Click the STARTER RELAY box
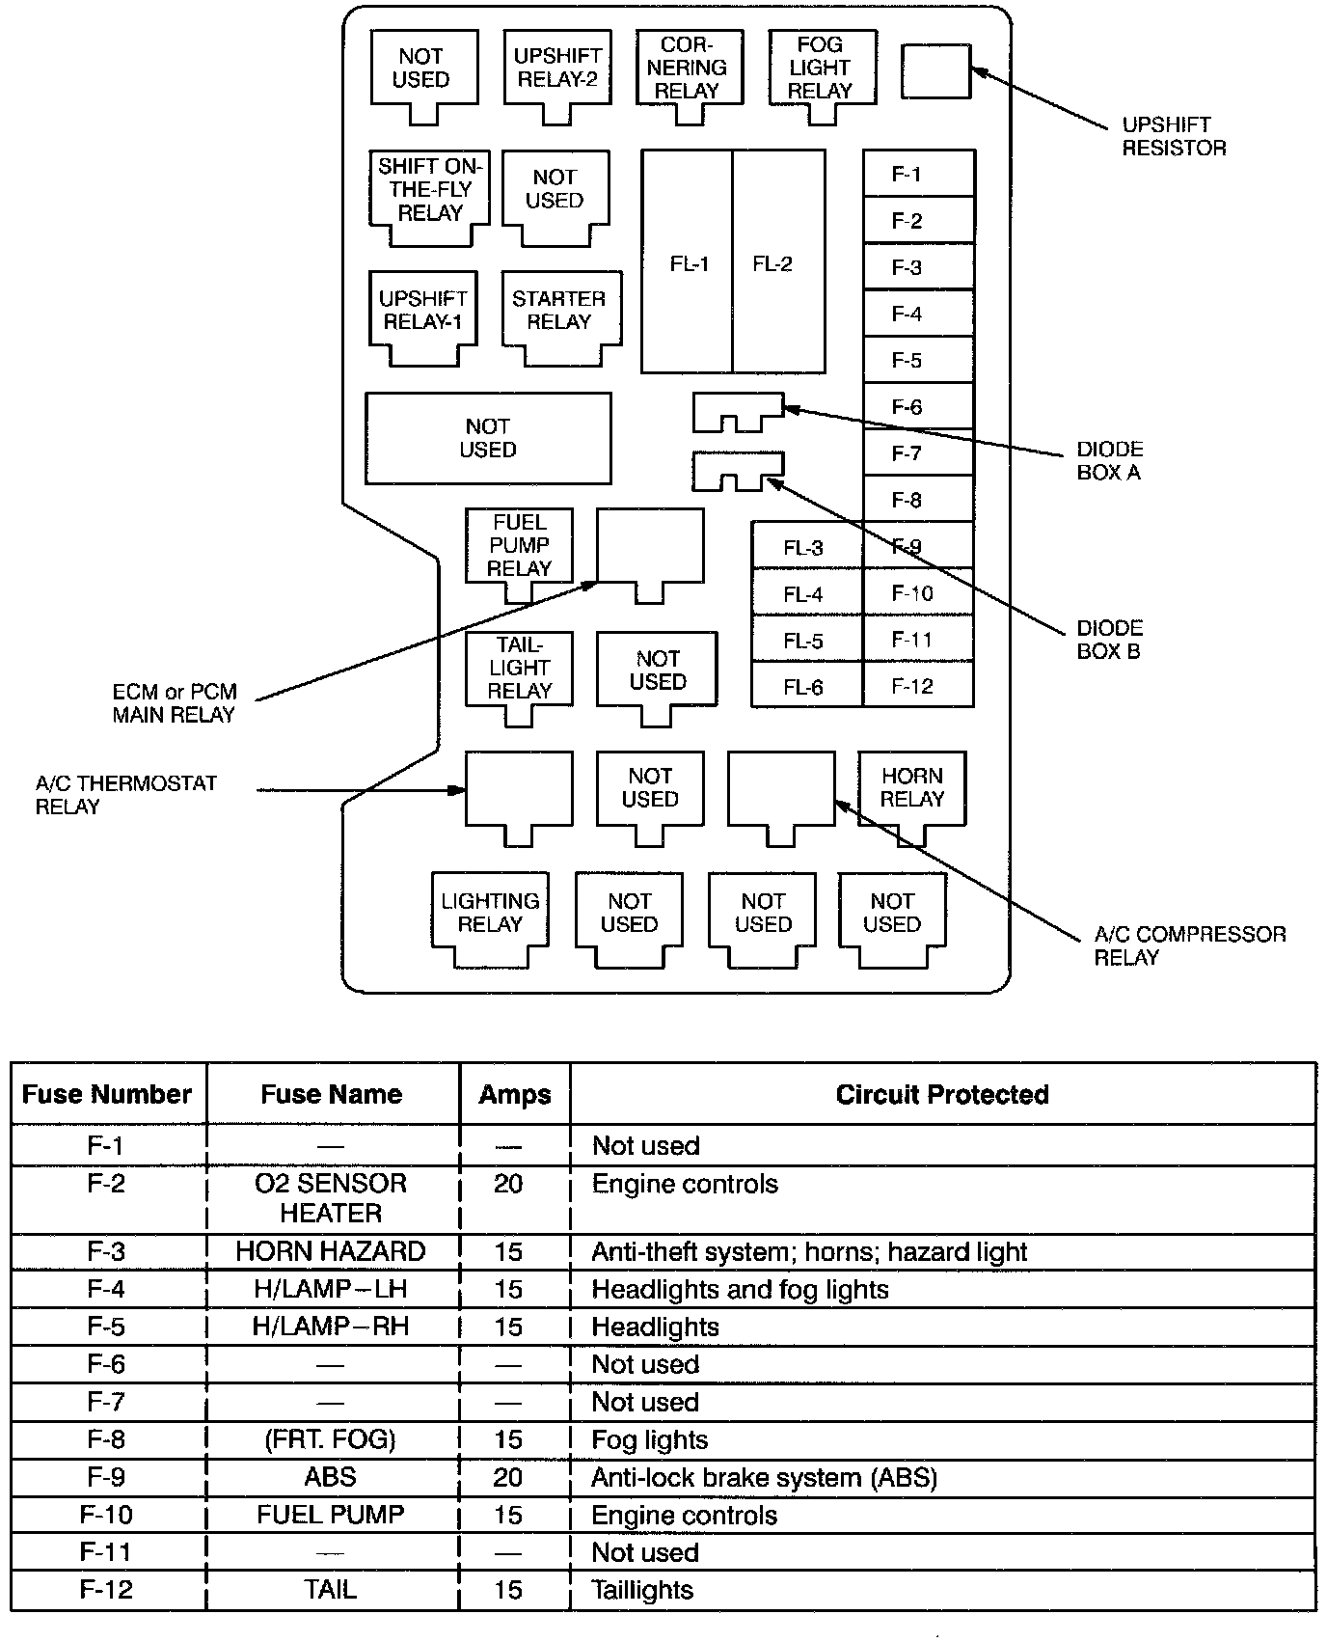point(559,311)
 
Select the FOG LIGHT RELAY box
point(821,68)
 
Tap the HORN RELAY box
point(911,788)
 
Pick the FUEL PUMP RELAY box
point(519,546)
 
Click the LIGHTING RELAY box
point(490,913)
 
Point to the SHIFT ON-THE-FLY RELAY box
point(429,190)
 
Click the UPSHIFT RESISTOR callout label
point(1174,136)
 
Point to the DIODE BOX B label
point(1109,640)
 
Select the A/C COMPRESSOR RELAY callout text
point(1189,945)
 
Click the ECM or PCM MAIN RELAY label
point(175,703)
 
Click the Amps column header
point(515,1094)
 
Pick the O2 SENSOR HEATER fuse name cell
point(331,1198)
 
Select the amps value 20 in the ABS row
point(508,1477)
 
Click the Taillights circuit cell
point(643,1590)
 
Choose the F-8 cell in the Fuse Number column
point(106,1439)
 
